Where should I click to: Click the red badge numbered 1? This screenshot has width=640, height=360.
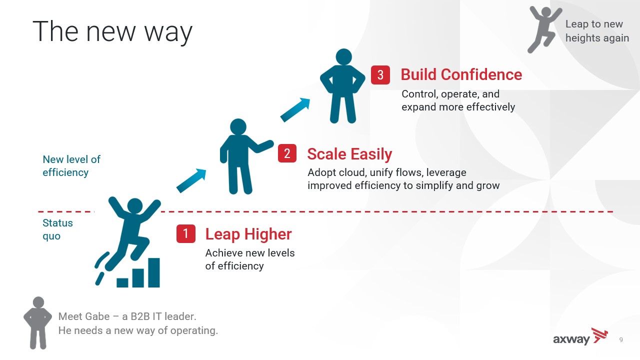[x=185, y=233]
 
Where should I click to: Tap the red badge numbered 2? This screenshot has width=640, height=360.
[x=287, y=153]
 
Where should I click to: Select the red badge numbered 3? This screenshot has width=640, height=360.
[x=380, y=75]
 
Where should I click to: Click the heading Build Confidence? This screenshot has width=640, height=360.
[x=461, y=75]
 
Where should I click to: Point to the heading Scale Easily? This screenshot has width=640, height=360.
[x=349, y=154]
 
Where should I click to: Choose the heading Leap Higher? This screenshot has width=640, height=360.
[x=248, y=234]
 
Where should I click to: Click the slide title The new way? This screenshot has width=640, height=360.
[x=112, y=32]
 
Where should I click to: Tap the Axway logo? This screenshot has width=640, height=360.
[x=580, y=336]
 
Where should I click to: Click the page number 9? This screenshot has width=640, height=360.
[x=621, y=339]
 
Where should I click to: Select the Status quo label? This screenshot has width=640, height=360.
[x=57, y=229]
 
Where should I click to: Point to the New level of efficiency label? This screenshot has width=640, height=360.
[x=71, y=165]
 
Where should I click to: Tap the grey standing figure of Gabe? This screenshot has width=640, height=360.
[x=37, y=323]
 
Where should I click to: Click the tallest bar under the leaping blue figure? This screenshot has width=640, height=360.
[x=153, y=272]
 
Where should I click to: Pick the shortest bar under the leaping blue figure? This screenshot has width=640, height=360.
[x=122, y=282]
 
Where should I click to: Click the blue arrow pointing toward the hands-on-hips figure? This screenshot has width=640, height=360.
[x=295, y=109]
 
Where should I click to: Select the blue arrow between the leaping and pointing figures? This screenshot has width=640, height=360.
[x=191, y=180]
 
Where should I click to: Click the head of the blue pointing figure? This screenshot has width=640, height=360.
[x=238, y=126]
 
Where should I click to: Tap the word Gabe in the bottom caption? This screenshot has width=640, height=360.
[x=97, y=316]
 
